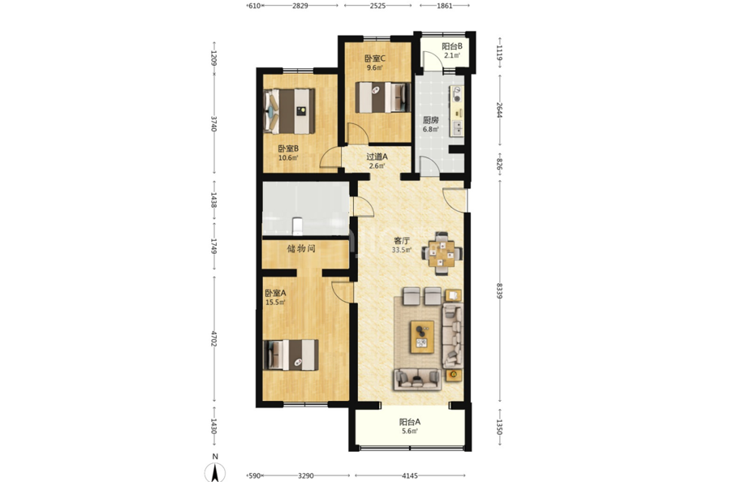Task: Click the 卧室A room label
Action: click(x=275, y=293)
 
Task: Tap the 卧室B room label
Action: click(x=289, y=148)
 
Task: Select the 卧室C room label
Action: click(x=375, y=58)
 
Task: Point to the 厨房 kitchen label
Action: click(x=430, y=120)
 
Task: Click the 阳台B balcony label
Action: click(x=451, y=46)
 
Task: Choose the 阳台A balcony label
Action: click(x=410, y=422)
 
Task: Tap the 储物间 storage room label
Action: click(x=301, y=248)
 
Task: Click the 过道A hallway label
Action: click(x=377, y=157)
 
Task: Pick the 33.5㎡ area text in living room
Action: click(x=402, y=250)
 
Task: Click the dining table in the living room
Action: click(x=442, y=253)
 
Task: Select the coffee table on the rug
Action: click(x=423, y=337)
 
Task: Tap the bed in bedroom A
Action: click(x=291, y=355)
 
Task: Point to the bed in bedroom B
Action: click(x=289, y=111)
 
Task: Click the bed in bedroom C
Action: click(x=382, y=97)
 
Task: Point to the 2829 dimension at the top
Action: click(x=300, y=6)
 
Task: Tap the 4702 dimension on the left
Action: click(x=213, y=339)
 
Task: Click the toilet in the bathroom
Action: click(x=297, y=226)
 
